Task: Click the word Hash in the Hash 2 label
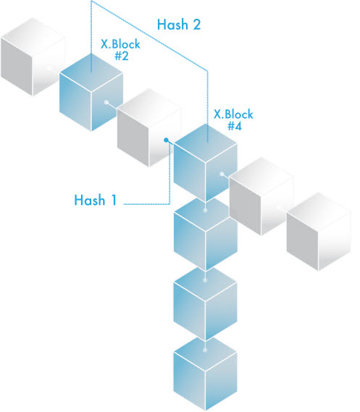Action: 172,25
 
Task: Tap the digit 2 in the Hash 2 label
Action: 196,25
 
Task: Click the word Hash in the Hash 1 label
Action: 90,200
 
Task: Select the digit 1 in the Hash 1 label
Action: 114,200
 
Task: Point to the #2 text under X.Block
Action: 122,56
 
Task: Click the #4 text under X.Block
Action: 235,126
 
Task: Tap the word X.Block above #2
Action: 120,44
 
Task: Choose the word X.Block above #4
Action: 233,114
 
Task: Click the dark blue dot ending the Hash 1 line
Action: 166,140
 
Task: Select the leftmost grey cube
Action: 33,56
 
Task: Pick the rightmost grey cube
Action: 319,232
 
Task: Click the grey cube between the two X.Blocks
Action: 149,127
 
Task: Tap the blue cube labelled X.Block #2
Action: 91,92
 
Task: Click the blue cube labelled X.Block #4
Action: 206,163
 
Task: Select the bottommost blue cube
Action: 205,374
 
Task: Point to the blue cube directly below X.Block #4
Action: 206,235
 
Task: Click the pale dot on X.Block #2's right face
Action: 106,102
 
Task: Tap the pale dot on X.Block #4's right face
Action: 222,174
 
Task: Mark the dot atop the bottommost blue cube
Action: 205,350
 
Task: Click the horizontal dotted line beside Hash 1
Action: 146,204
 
